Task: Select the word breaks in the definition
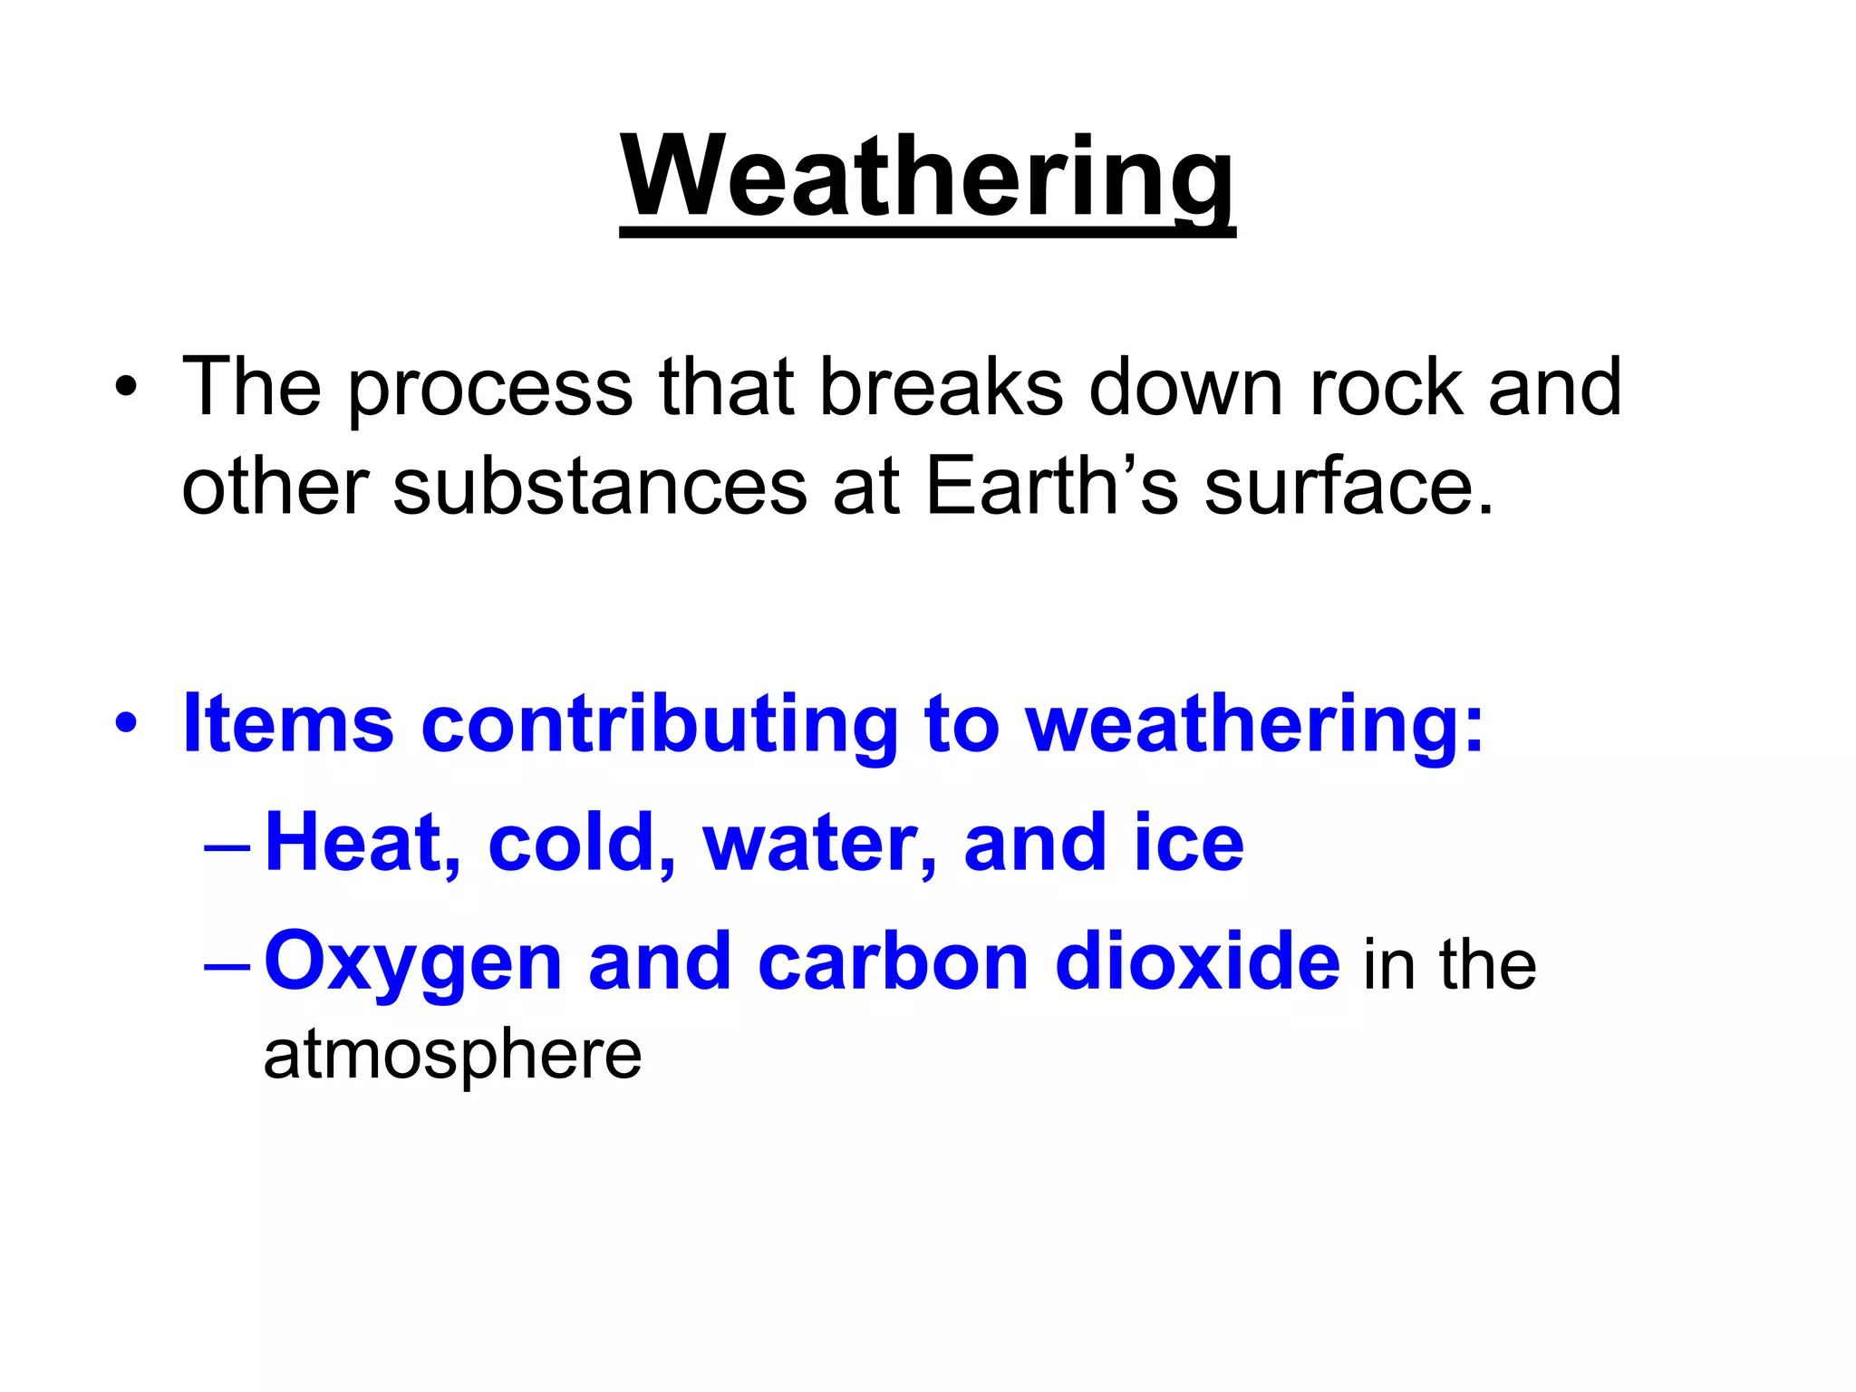click(940, 388)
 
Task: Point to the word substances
click(599, 488)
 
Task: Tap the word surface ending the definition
click(1347, 488)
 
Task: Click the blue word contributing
click(659, 725)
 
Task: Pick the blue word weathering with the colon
click(1254, 725)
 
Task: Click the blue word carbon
click(892, 962)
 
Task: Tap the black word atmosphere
click(452, 1056)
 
